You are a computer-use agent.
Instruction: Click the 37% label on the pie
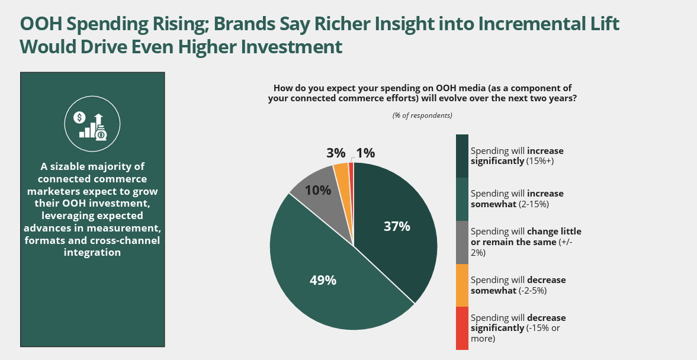(397, 226)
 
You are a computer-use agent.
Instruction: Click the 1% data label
(365, 153)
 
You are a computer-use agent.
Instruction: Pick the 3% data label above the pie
(336, 153)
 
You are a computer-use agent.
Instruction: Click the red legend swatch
(462, 328)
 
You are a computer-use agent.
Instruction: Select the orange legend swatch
(462, 285)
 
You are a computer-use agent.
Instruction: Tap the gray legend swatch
(462, 242)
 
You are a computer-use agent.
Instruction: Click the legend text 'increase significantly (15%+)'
(517, 156)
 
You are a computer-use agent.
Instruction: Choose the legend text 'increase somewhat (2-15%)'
(517, 199)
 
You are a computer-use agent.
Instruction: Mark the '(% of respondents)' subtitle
(422, 115)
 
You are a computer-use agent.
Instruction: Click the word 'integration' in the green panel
(92, 252)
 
